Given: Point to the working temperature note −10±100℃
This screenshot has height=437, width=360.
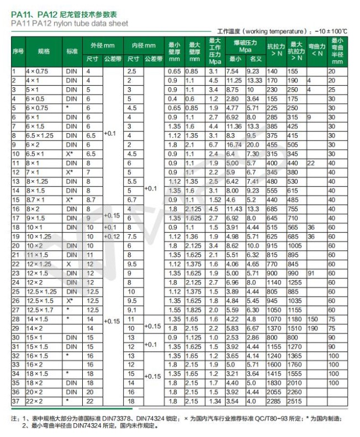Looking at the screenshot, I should click(331, 31).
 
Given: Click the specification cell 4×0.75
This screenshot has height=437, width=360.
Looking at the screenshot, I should click(38, 72).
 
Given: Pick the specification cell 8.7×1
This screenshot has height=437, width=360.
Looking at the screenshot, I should click(36, 199).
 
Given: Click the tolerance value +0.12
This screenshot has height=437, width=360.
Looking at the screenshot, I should click(111, 236).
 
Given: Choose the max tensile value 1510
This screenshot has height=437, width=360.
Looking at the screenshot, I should click(295, 327).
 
